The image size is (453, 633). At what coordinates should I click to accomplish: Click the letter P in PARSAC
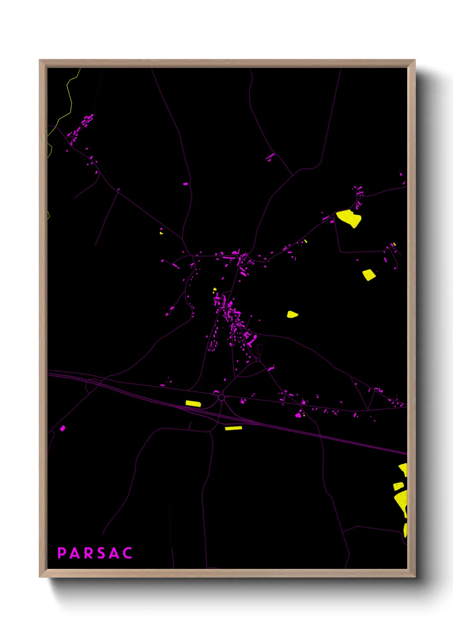[62, 553]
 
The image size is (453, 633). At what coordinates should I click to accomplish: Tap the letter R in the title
[89, 553]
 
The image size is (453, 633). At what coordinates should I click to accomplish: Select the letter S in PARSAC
[101, 553]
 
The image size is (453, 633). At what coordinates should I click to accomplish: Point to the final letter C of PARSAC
[127, 553]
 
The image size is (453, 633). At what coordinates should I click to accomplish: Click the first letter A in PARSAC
[75, 553]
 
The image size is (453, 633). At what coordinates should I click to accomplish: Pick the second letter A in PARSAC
[114, 553]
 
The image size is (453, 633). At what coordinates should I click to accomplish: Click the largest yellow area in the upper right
[349, 218]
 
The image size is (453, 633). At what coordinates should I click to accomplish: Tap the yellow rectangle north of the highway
[193, 403]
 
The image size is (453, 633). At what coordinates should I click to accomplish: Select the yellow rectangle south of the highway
[233, 428]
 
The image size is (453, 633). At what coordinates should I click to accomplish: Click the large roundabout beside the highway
[221, 398]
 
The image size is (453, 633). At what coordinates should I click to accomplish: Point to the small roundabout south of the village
[258, 360]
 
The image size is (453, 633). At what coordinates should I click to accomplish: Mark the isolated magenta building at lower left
[63, 428]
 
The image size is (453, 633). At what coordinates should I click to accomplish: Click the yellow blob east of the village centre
[292, 314]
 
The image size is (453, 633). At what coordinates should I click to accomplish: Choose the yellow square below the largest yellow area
[369, 275]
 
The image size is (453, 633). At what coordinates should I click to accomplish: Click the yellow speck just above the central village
[215, 290]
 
